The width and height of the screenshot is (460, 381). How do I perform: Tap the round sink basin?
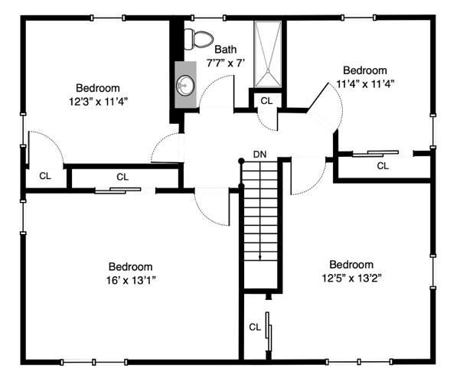186,86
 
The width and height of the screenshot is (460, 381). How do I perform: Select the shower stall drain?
268,70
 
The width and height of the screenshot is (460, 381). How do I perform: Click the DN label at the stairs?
260,155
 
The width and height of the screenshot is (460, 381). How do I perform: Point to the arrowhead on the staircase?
260,257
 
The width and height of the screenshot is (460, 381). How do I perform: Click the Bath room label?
226,49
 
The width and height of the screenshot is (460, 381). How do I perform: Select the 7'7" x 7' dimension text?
226,63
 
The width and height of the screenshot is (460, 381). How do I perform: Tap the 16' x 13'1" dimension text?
131,281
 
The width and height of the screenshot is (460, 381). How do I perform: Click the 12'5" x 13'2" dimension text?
351,278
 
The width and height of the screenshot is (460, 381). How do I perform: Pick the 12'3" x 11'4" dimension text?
98,102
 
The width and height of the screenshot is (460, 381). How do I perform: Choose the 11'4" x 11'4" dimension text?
365,84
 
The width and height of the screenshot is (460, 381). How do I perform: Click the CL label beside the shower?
266,101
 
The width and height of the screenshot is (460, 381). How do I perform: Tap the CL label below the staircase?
255,327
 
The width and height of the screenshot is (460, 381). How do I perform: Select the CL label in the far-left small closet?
45,176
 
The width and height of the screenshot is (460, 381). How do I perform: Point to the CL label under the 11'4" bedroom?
383,166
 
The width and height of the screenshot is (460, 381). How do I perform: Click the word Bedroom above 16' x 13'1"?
131,266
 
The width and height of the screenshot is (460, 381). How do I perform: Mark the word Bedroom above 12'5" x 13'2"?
351,264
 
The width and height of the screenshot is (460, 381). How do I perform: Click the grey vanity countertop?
186,84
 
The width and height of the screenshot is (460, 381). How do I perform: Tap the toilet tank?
188,39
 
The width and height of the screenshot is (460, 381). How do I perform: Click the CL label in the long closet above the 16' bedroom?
122,177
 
